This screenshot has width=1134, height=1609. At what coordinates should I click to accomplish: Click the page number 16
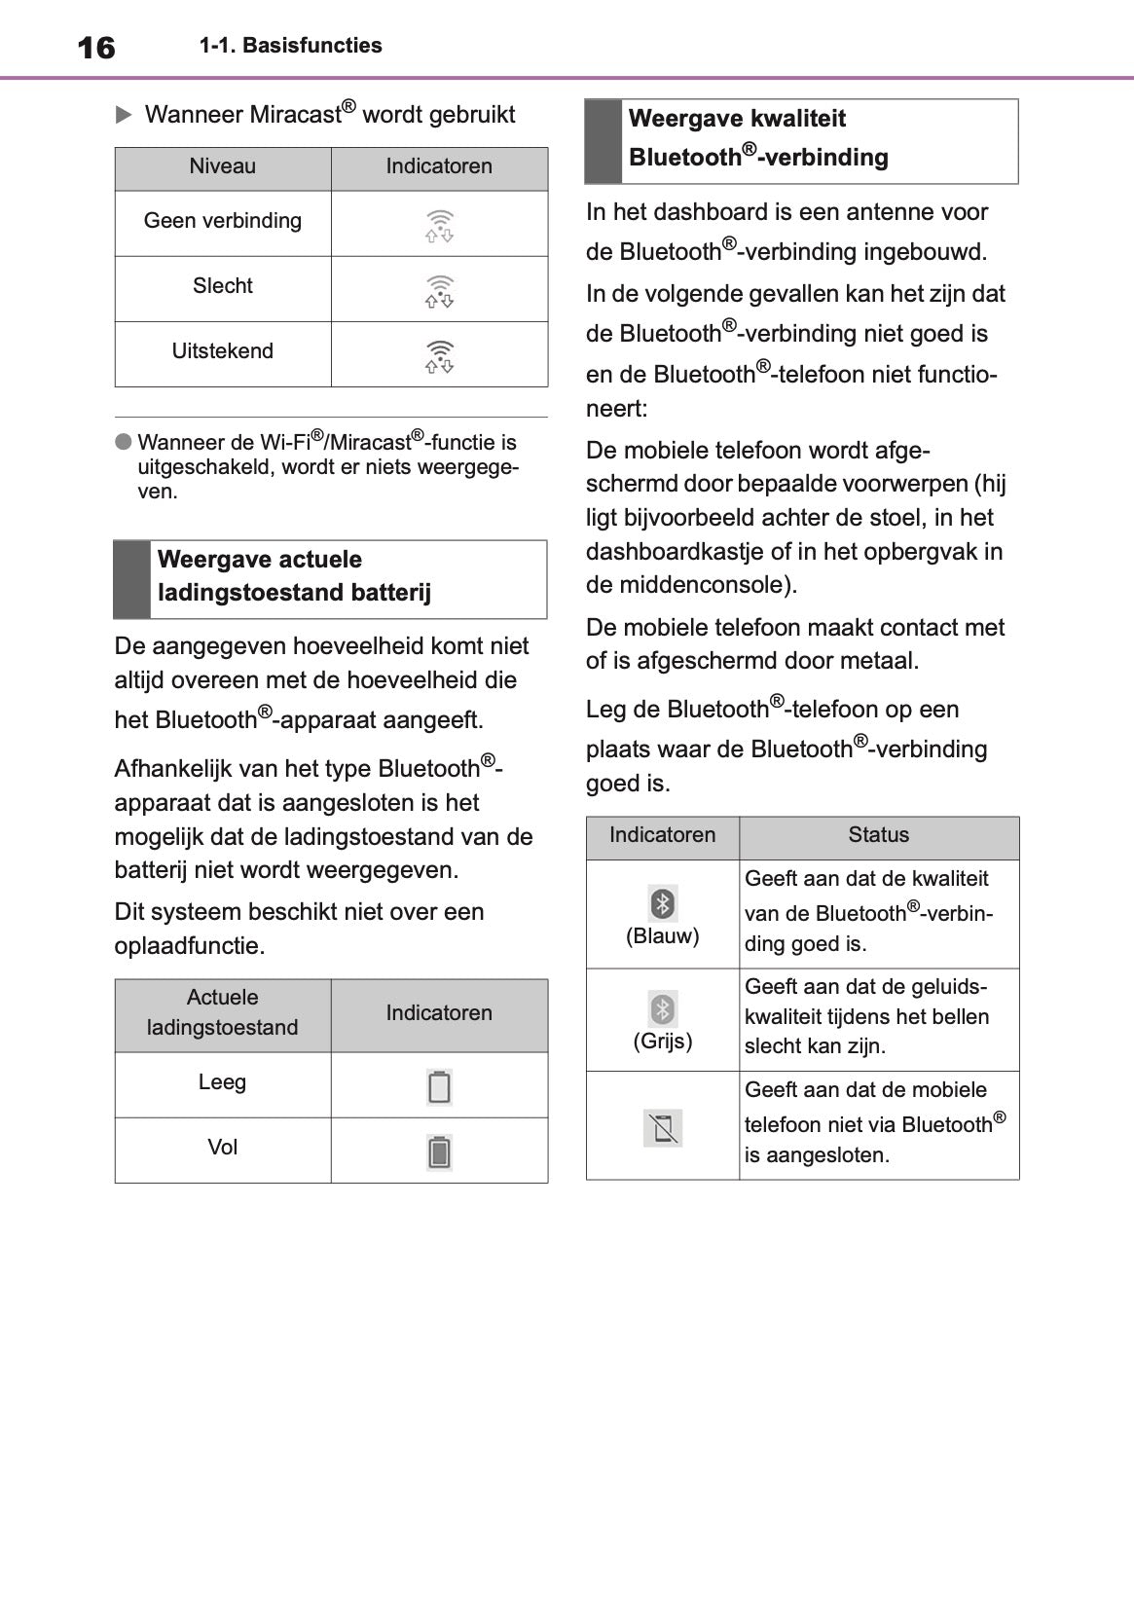95,48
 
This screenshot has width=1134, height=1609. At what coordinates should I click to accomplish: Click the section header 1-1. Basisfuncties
290,46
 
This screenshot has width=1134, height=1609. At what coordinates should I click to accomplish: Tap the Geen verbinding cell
223,221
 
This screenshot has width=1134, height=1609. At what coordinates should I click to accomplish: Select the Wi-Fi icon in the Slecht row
440,291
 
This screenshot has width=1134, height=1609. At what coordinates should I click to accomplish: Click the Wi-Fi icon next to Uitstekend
440,356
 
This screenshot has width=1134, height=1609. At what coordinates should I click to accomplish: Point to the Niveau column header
223,166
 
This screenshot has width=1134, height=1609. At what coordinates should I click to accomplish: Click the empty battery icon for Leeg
440,1086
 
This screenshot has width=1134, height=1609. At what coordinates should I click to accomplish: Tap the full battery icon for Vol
440,1152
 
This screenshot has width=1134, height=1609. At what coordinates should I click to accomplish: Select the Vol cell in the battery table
223,1148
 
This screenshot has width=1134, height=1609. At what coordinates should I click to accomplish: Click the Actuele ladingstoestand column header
223,1012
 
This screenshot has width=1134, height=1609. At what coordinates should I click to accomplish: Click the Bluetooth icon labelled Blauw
663,903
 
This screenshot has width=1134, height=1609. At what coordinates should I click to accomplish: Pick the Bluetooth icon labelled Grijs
663,1008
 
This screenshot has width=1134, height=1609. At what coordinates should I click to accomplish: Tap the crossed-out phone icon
663,1128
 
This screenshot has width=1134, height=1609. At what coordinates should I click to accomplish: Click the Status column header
878,835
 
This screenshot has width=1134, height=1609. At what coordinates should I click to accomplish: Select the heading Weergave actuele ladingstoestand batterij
294,576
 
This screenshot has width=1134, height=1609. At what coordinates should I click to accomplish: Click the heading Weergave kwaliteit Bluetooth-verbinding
758,138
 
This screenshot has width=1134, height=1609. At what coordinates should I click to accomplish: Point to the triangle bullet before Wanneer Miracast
124,115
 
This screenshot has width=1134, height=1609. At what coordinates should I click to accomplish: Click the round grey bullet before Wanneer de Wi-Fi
124,442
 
